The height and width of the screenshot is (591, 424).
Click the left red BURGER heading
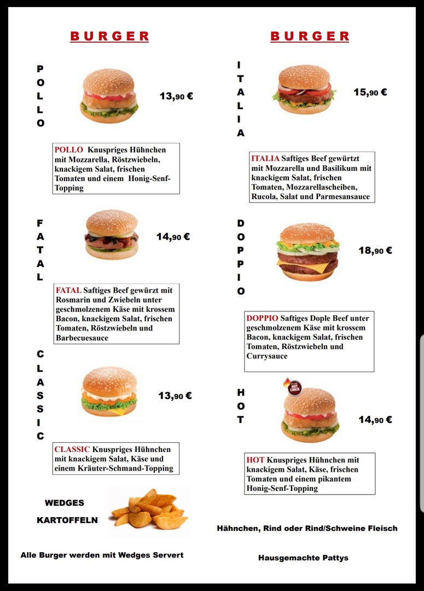click(109, 37)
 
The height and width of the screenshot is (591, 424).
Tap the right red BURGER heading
click(310, 37)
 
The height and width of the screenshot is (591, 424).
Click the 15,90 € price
click(370, 92)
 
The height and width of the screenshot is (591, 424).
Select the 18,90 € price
click(375, 251)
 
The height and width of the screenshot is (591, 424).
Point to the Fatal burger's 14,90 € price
click(173, 237)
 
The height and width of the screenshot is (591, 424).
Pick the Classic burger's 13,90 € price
click(175, 396)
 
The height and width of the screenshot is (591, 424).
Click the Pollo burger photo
click(109, 96)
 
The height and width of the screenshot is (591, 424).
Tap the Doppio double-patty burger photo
click(307, 252)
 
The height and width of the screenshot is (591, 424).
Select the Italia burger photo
click(304, 90)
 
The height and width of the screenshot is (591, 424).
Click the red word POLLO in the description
click(68, 149)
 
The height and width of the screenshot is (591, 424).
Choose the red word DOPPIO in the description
click(262, 318)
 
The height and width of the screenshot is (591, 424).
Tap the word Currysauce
click(267, 356)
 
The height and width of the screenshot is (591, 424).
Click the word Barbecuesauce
click(82, 338)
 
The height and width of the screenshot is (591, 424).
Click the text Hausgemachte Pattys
click(303, 558)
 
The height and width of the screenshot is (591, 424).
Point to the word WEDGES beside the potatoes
click(65, 503)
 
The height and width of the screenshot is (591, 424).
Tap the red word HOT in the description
click(255, 460)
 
